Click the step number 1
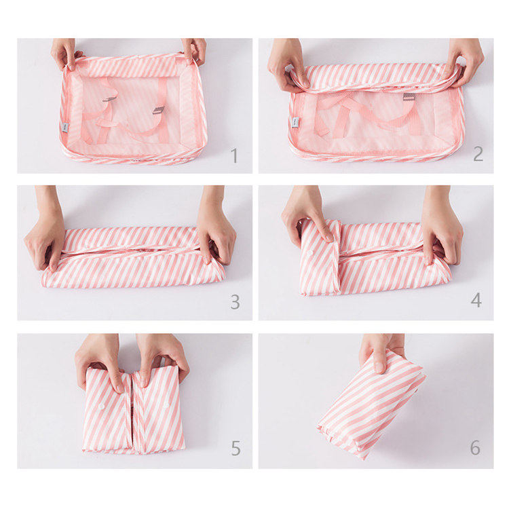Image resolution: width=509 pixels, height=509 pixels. [234, 155]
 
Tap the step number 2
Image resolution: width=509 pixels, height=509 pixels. [478, 153]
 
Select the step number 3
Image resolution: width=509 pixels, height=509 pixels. [235, 302]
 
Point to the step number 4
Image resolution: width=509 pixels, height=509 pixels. [477, 299]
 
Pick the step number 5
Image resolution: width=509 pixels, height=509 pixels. [235, 448]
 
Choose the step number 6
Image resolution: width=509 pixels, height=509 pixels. [475, 448]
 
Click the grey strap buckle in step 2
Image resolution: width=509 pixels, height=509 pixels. [409, 97]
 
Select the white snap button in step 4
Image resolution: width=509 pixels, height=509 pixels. [311, 251]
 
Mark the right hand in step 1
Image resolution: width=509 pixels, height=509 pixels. [194, 52]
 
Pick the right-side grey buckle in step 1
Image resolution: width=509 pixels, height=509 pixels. [158, 110]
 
